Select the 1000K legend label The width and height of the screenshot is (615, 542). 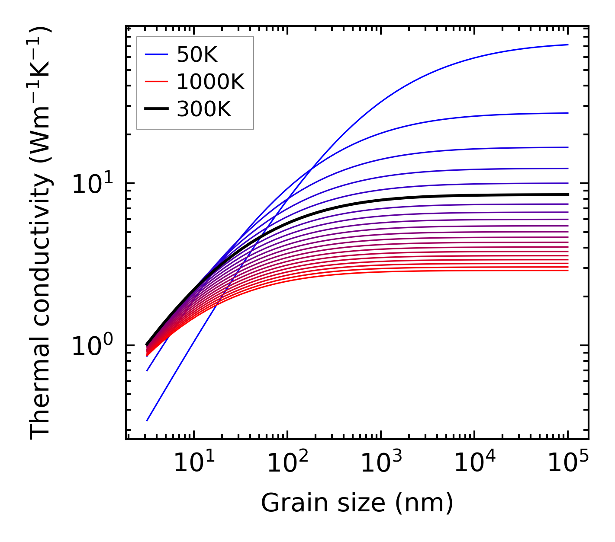[210, 82]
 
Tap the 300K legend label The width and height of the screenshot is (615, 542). [204, 109]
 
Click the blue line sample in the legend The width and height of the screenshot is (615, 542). [156, 54]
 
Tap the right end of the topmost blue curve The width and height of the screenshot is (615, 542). [567, 45]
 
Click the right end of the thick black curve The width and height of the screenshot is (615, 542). [567, 194]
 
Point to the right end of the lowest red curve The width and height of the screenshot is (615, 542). [567, 271]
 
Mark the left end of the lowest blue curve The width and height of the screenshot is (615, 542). [147, 421]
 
